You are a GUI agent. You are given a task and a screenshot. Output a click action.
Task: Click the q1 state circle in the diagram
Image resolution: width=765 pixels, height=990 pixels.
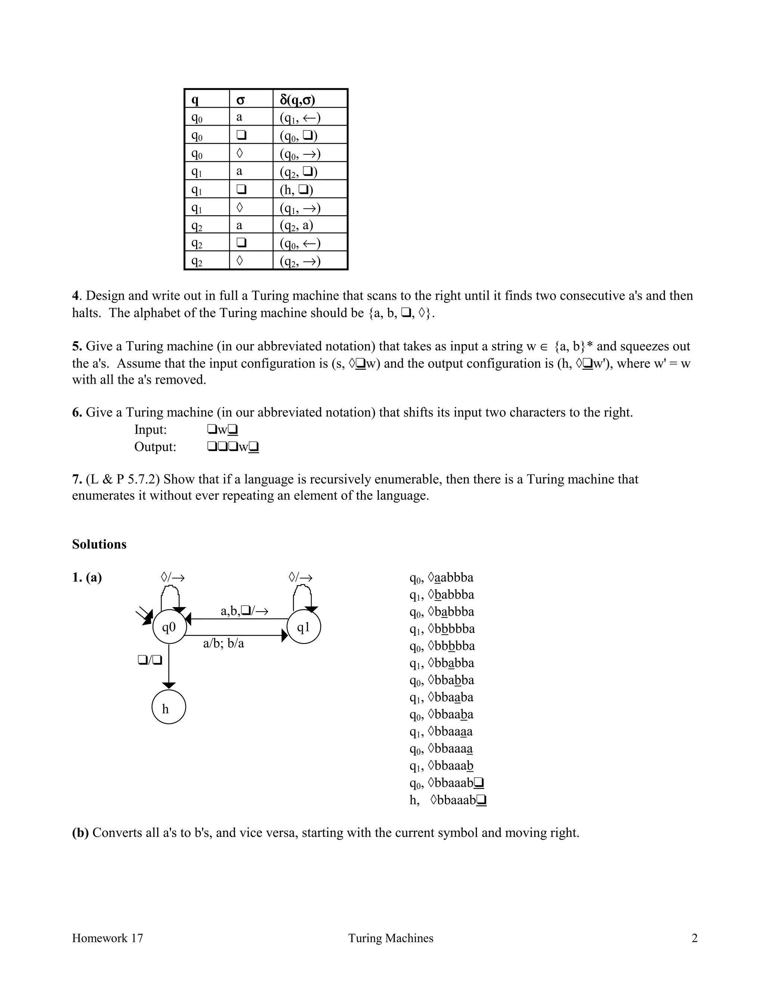[304, 627]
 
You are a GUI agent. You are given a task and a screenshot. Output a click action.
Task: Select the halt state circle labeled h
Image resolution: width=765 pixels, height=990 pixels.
[168, 708]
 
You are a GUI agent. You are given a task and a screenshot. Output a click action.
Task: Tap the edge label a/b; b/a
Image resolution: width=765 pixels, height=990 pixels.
[223, 643]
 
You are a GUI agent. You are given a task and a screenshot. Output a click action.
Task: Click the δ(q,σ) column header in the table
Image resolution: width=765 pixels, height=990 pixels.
[297, 100]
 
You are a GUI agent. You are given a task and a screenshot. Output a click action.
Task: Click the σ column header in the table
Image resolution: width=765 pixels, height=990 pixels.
[240, 100]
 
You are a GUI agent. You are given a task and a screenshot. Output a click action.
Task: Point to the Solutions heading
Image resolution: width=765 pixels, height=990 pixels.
[99, 544]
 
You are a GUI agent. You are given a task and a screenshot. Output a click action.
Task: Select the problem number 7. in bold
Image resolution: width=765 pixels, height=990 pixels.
[77, 479]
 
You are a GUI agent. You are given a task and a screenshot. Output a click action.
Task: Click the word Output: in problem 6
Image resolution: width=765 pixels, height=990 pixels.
[155, 447]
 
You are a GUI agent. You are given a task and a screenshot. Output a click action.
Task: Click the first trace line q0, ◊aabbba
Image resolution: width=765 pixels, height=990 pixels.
[442, 578]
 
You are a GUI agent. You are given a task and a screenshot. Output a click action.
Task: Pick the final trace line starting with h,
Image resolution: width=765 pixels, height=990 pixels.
[448, 800]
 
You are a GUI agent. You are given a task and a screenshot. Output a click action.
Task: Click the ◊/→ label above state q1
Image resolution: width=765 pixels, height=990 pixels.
[300, 578]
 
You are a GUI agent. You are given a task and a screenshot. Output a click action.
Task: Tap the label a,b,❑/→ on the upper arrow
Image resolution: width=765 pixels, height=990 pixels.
[244, 611]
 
